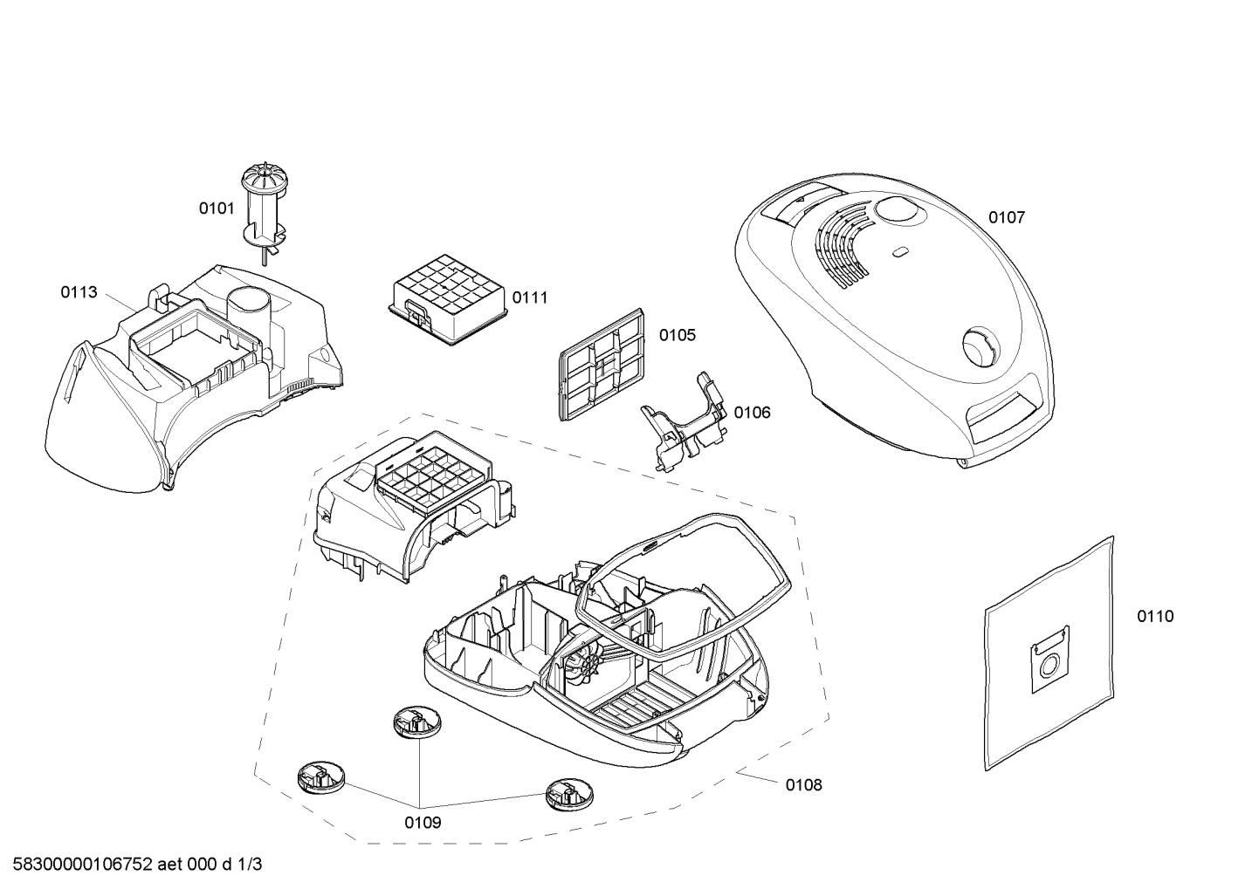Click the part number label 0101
pyautogui.click(x=217, y=209)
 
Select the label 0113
pyautogui.click(x=79, y=292)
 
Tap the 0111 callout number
pyautogui.click(x=529, y=297)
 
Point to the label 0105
pyautogui.click(x=678, y=335)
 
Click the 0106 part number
pyautogui.click(x=752, y=413)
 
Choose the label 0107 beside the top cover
pyautogui.click(x=1007, y=217)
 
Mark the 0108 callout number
pyautogui.click(x=804, y=785)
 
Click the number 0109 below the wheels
pyautogui.click(x=423, y=823)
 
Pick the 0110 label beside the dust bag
pyautogui.click(x=1156, y=617)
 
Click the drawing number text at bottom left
pyautogui.click(x=137, y=865)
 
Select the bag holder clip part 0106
pyautogui.click(x=684, y=422)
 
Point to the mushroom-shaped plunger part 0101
pyautogui.click(x=263, y=215)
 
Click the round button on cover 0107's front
pyautogui.click(x=982, y=347)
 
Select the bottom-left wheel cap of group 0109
pyautogui.click(x=321, y=777)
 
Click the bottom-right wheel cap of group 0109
pyautogui.click(x=570, y=795)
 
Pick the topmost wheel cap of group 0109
pyautogui.click(x=417, y=722)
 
